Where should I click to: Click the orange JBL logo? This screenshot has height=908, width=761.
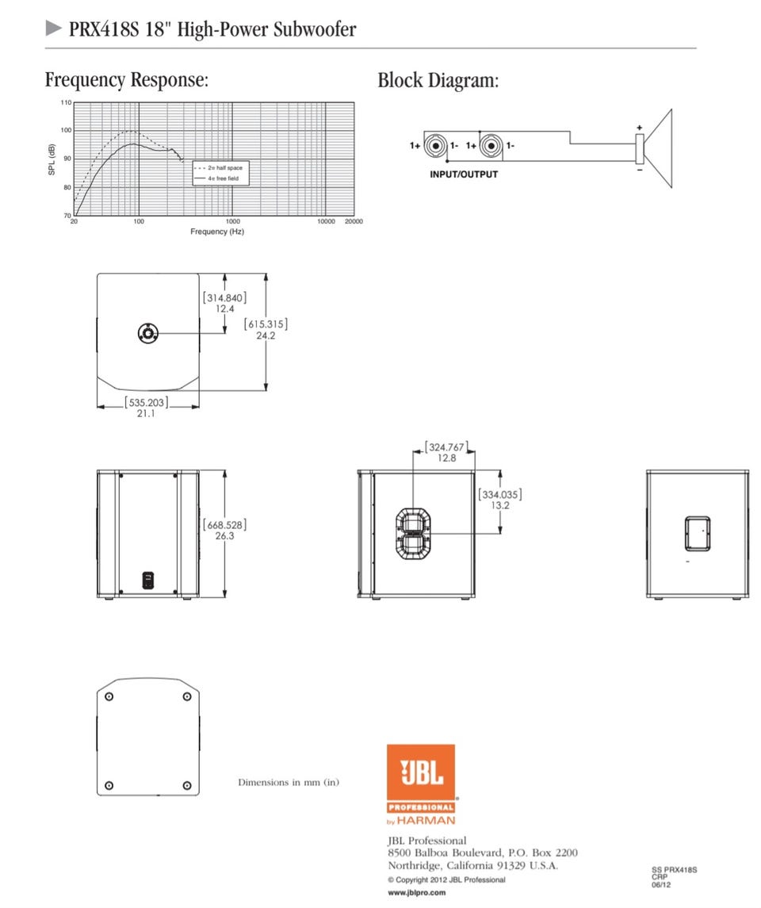421,784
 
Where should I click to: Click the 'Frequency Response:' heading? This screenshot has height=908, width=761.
127,80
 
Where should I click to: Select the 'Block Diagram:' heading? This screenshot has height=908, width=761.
438,80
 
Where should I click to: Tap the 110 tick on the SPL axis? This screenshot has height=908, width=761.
66,102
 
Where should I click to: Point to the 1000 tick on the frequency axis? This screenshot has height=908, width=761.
232,221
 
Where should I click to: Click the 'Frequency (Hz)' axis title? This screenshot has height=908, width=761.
217,232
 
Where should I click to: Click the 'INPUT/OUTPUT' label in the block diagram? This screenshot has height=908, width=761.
464,174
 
